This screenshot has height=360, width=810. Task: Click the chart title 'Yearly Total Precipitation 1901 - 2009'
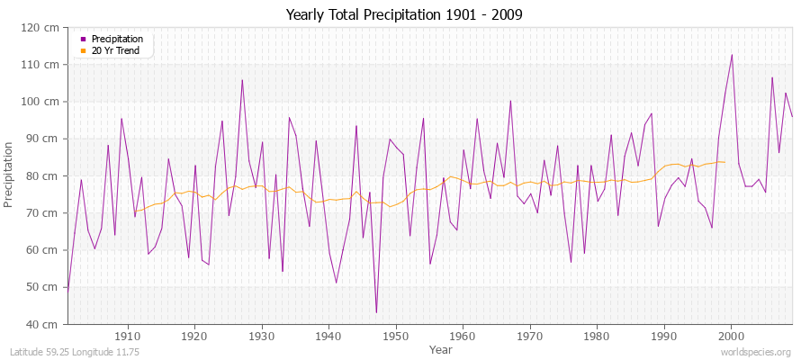(404, 15)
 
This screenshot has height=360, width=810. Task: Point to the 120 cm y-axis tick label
(41, 27)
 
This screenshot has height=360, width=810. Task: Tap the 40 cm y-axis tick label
(44, 324)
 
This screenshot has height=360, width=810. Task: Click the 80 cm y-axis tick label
(44, 175)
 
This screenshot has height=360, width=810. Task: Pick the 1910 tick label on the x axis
(127, 335)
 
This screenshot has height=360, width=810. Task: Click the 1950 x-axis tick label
(395, 335)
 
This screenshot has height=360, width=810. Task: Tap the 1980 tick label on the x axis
(597, 335)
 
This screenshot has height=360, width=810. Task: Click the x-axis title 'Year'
(441, 348)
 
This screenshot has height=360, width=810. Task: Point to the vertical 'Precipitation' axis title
(10, 175)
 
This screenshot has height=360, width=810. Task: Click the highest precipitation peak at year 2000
(732, 55)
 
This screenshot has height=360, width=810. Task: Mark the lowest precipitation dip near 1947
(376, 312)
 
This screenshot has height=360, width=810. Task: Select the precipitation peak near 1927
(242, 80)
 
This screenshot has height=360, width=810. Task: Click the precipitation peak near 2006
(772, 77)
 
